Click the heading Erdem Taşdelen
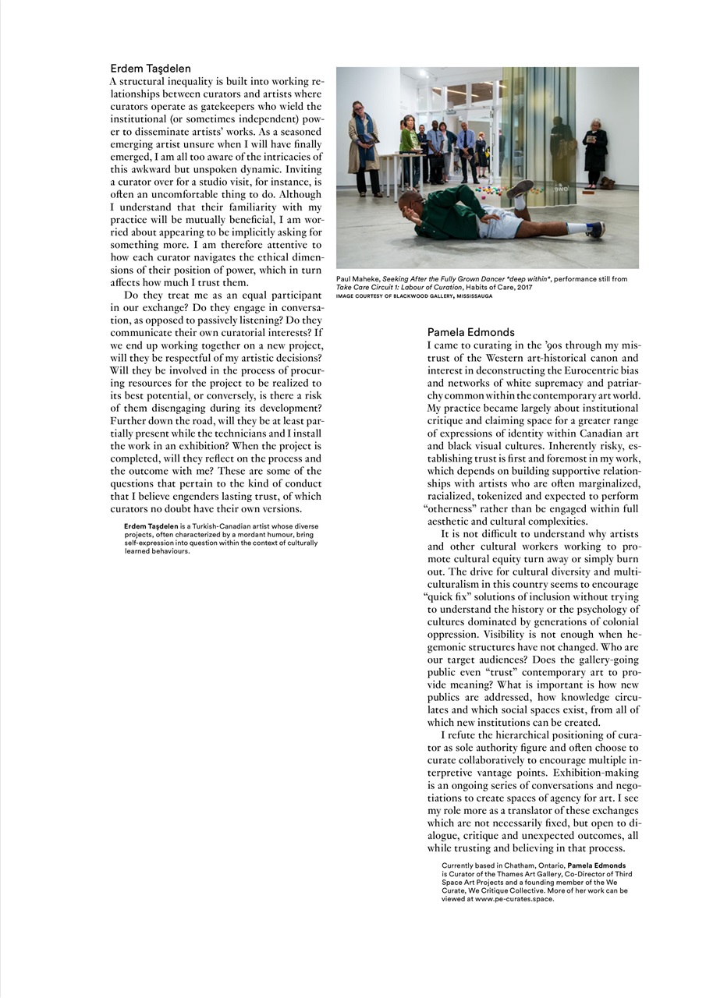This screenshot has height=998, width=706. coord(151,69)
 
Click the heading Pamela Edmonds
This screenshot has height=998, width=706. coord(470,332)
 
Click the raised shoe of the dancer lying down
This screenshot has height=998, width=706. coord(520,189)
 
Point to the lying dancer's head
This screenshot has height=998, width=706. coord(408,204)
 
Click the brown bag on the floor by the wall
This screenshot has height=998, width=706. coord(606,182)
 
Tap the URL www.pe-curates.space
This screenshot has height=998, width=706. coord(515,898)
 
